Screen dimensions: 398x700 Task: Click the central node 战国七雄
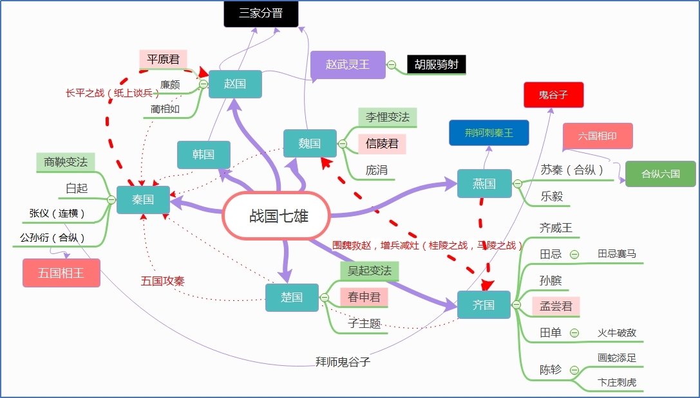click(276, 215)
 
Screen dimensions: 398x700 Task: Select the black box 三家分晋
click(261, 14)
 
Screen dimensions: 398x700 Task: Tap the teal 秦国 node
click(143, 200)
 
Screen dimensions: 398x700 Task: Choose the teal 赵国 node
click(235, 84)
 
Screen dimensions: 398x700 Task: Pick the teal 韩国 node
click(203, 154)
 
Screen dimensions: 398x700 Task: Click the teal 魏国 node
click(310, 143)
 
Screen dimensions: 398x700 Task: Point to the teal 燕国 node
click(484, 184)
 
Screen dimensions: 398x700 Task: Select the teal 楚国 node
click(292, 297)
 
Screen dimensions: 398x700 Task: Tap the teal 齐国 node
click(484, 305)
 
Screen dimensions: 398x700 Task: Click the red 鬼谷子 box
click(553, 95)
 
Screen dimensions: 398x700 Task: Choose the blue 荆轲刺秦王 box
click(488, 133)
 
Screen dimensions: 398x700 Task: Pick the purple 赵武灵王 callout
click(348, 64)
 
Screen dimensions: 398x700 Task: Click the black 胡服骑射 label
click(436, 64)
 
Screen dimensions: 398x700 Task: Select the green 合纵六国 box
click(660, 174)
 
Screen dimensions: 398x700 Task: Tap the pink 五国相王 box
click(62, 273)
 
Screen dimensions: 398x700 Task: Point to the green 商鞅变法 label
click(66, 162)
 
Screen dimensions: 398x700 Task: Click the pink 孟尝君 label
click(556, 306)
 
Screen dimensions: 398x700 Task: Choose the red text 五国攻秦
click(163, 281)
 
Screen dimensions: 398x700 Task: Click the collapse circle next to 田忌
click(574, 254)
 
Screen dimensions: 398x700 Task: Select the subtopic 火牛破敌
click(617, 333)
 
